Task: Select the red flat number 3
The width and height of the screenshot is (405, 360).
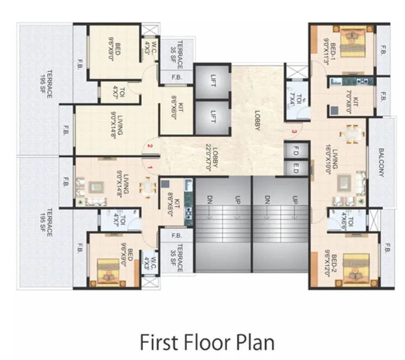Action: pyautogui.click(x=294, y=131)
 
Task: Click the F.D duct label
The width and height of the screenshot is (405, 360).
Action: pyautogui.click(x=296, y=149)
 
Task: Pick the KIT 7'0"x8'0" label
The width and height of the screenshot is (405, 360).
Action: pyautogui.click(x=357, y=100)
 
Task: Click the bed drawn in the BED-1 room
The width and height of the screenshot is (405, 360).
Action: pyautogui.click(x=353, y=39)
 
